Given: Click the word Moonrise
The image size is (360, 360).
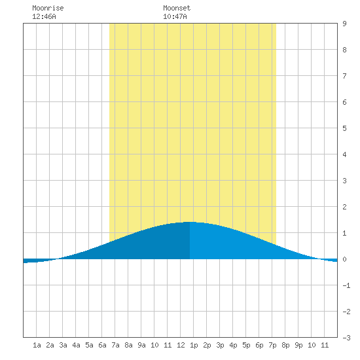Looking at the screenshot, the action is (x=48, y=8).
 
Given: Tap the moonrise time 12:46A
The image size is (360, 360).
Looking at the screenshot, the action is (x=44, y=16).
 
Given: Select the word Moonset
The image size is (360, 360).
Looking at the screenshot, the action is (x=177, y=8).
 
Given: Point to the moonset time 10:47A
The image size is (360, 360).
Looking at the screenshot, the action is (x=175, y=16).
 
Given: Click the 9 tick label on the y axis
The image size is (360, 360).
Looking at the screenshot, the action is (x=344, y=24).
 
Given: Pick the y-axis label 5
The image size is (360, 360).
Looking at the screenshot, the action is (x=344, y=128).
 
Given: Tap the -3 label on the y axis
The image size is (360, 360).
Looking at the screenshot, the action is (x=346, y=338).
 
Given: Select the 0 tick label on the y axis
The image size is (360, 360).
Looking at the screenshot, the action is (x=344, y=259).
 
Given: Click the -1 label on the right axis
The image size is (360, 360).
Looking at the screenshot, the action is (x=346, y=285).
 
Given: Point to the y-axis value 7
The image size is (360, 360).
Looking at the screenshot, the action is (x=344, y=76).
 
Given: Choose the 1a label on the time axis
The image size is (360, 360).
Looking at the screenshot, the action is (x=37, y=345).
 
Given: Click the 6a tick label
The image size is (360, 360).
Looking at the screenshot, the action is (x=102, y=345).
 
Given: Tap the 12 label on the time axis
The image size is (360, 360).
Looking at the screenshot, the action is (x=181, y=345).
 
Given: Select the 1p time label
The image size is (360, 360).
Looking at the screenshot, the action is (x=194, y=345).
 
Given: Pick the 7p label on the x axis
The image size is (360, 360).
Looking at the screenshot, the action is (x=272, y=345).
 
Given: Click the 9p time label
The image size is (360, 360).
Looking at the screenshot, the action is (x=298, y=345).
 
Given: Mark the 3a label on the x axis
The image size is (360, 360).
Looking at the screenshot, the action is (x=63, y=345).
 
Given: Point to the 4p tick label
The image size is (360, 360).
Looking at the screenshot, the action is (x=233, y=345).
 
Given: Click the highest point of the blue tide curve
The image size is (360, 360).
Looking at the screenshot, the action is (x=190, y=222).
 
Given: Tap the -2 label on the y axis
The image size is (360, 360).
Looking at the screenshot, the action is (x=346, y=312).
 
